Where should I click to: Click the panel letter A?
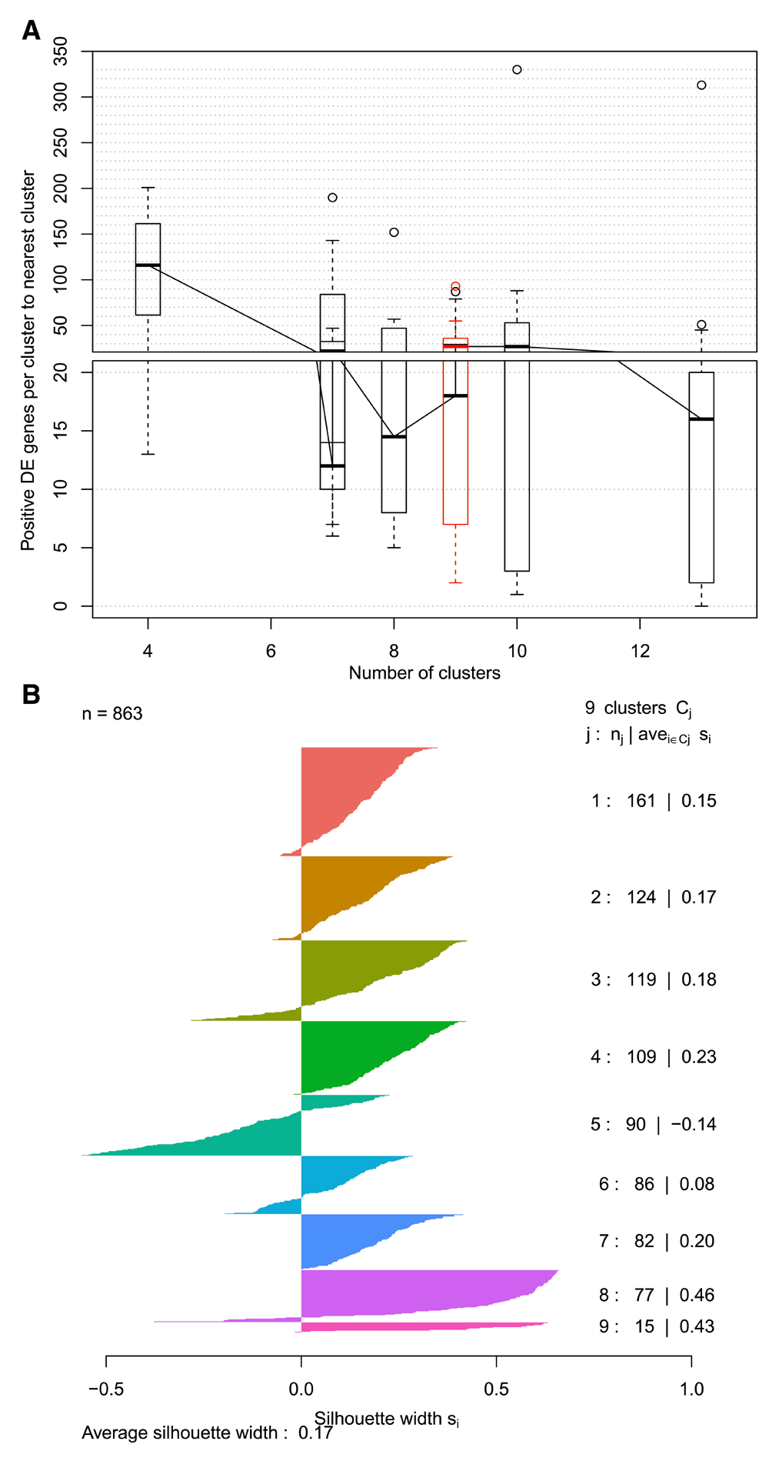[31, 31]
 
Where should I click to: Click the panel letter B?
[31, 695]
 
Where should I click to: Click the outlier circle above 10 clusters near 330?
[517, 70]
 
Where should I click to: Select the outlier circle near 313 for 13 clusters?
[701, 85]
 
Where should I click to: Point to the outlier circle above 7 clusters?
[332, 198]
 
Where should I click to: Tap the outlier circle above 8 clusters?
[394, 232]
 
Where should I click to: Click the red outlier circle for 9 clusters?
[455, 287]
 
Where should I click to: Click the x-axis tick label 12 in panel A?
[640, 652]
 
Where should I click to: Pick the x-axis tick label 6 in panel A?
[271, 652]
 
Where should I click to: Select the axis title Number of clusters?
[424, 673]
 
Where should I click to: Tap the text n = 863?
[112, 714]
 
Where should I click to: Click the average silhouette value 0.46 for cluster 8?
[697, 1296]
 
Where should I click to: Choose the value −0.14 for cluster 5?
[694, 1125]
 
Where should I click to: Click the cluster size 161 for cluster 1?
[641, 801]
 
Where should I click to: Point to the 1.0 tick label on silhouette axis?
[691, 1389]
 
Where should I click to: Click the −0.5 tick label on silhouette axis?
[105, 1389]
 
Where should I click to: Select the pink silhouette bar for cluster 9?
[423, 1326]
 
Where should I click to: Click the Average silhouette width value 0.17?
[315, 1433]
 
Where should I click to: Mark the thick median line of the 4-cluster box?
[148, 265]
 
